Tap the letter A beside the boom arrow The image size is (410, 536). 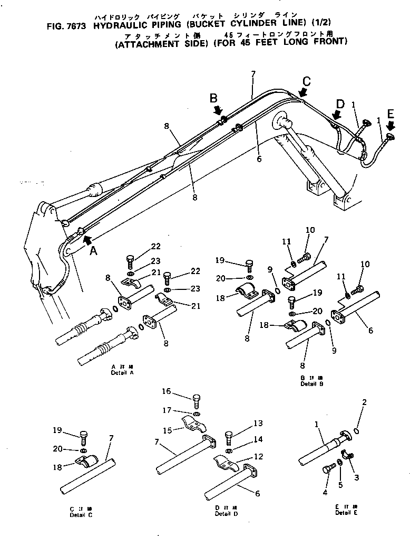[93, 251]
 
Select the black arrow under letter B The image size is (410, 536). [218, 111]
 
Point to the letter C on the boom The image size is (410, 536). [307, 81]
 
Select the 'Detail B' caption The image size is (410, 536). [308, 384]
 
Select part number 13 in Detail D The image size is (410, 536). [243, 424]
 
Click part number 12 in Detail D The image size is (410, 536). [243, 457]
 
